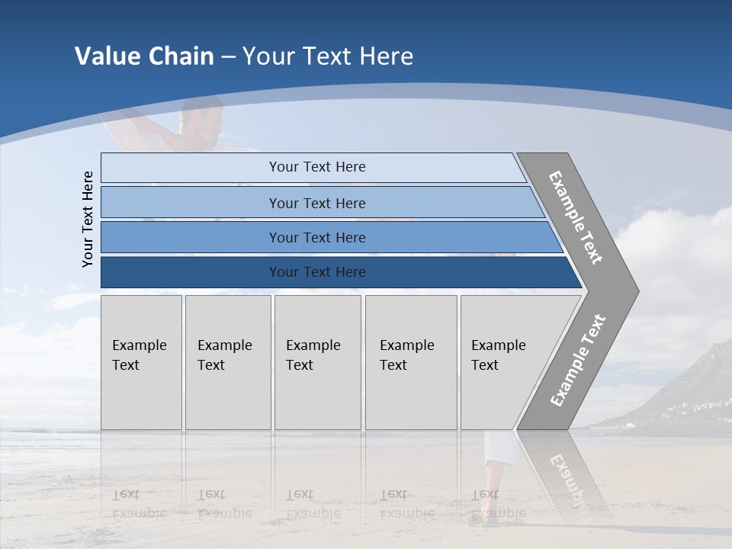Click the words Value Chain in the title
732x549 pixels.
pos(144,56)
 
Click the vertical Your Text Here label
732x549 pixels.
pos(88,219)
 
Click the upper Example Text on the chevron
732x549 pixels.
pos(576,217)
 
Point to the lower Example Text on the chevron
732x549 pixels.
pos(577,361)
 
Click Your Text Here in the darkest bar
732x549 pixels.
pos(317,272)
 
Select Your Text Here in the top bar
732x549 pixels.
pos(317,167)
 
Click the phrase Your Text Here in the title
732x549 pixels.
pos(328,56)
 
